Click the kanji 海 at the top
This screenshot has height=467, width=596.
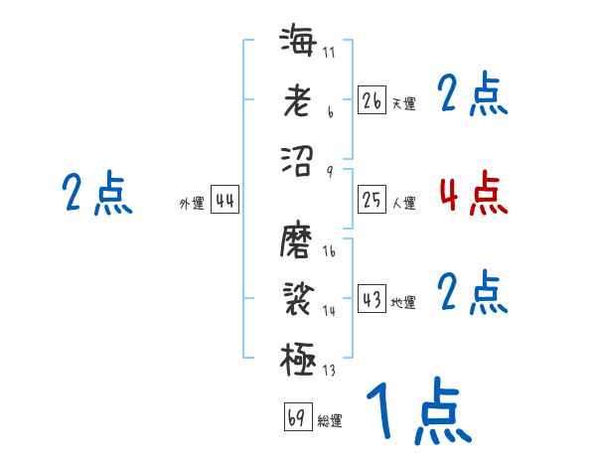(298, 41)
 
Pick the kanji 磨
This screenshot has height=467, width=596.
(298, 239)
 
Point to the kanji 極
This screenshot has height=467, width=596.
(298, 357)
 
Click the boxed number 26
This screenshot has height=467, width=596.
(372, 100)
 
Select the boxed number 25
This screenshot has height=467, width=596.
(372, 201)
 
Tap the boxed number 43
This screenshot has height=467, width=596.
(372, 299)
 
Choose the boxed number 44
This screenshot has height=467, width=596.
(225, 201)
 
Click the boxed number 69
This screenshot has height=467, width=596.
(297, 417)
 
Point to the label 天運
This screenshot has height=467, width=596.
(403, 103)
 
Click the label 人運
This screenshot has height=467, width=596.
(403, 204)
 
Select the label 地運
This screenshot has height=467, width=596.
(403, 302)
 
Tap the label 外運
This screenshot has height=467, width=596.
(192, 204)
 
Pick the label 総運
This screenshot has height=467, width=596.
(330, 421)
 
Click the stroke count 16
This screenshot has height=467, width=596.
(329, 252)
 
